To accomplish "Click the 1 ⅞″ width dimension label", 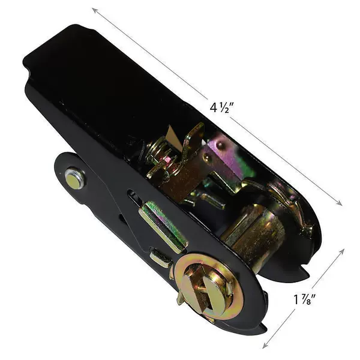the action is point(305,299).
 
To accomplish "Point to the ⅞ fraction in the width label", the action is point(307,299).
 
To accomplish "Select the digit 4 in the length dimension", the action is point(213,107).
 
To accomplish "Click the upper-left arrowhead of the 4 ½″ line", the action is point(94,10).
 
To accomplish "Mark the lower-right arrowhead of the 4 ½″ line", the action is point(340,203).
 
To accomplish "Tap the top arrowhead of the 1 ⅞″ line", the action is point(342,251).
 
